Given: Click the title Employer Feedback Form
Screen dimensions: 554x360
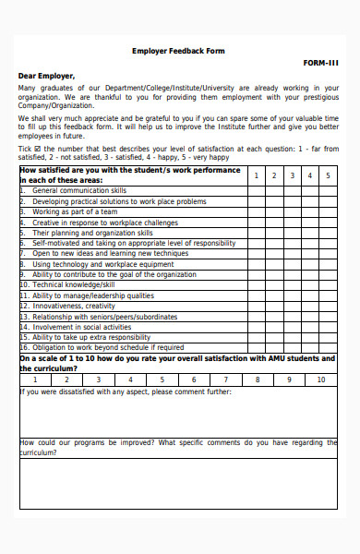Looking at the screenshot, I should (178, 51).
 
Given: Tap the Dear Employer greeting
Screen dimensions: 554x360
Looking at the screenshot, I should (46, 76).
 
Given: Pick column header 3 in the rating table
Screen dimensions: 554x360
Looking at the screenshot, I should (292, 175).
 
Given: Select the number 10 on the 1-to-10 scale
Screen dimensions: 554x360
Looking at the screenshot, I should (320, 379).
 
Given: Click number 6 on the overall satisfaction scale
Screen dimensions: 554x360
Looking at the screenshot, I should (194, 379).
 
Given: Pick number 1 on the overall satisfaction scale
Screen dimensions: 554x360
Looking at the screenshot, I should (35, 379).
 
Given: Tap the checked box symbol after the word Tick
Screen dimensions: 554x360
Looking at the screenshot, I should (37, 149).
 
